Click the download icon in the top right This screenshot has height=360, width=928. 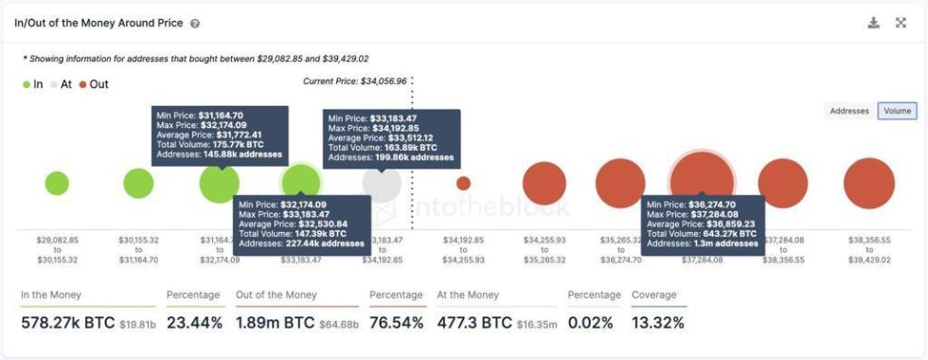pyautogui.click(x=873, y=23)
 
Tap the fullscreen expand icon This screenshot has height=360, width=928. pyautogui.click(x=901, y=23)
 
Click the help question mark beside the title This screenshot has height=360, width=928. pyautogui.click(x=195, y=23)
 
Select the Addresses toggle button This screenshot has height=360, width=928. pyautogui.click(x=849, y=111)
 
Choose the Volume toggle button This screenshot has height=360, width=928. pyautogui.click(x=897, y=111)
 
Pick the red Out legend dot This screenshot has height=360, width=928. pyautogui.click(x=83, y=84)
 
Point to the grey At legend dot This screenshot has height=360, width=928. pyautogui.click(x=55, y=84)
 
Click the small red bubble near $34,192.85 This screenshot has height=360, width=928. pyautogui.click(x=463, y=184)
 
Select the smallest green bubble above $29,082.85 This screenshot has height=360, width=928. pyautogui.click(x=57, y=184)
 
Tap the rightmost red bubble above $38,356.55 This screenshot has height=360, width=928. pyautogui.click(x=868, y=184)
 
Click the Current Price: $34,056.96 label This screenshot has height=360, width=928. pyautogui.click(x=354, y=81)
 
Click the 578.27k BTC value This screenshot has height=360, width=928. pyautogui.click(x=63, y=323)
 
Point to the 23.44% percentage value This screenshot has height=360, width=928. pyautogui.click(x=194, y=323)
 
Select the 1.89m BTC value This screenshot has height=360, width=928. pyautogui.click(x=273, y=323)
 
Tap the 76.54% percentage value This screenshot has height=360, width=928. pyautogui.click(x=397, y=323)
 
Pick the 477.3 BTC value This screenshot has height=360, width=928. pyautogui.click(x=474, y=323)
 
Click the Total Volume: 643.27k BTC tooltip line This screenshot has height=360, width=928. pyautogui.click(x=702, y=233)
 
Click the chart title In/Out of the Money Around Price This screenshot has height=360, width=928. pyautogui.click(x=99, y=23)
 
